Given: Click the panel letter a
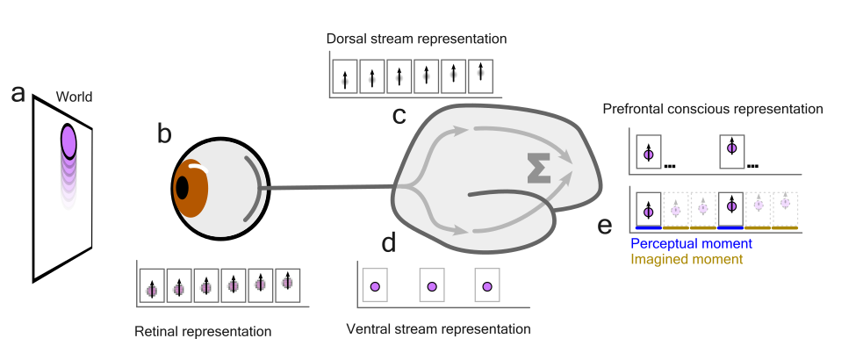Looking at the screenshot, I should tap(18, 94).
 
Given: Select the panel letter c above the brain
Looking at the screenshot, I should tap(399, 115).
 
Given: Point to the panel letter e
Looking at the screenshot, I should tap(605, 227).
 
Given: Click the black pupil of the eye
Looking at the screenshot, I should tap(182, 188).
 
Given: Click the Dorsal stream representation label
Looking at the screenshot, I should tap(416, 40).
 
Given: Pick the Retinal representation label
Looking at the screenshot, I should tap(203, 332).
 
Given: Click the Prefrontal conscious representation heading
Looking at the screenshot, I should tap(713, 110).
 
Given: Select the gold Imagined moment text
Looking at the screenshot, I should tap(687, 259).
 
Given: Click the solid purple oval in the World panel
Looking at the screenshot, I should tap(70, 140).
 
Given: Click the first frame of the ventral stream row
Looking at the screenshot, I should tap(375, 285).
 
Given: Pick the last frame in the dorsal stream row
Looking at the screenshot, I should tap(480, 77).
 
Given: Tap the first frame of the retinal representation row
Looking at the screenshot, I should tap(152, 285).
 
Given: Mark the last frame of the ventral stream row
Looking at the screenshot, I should tap(485, 285).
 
